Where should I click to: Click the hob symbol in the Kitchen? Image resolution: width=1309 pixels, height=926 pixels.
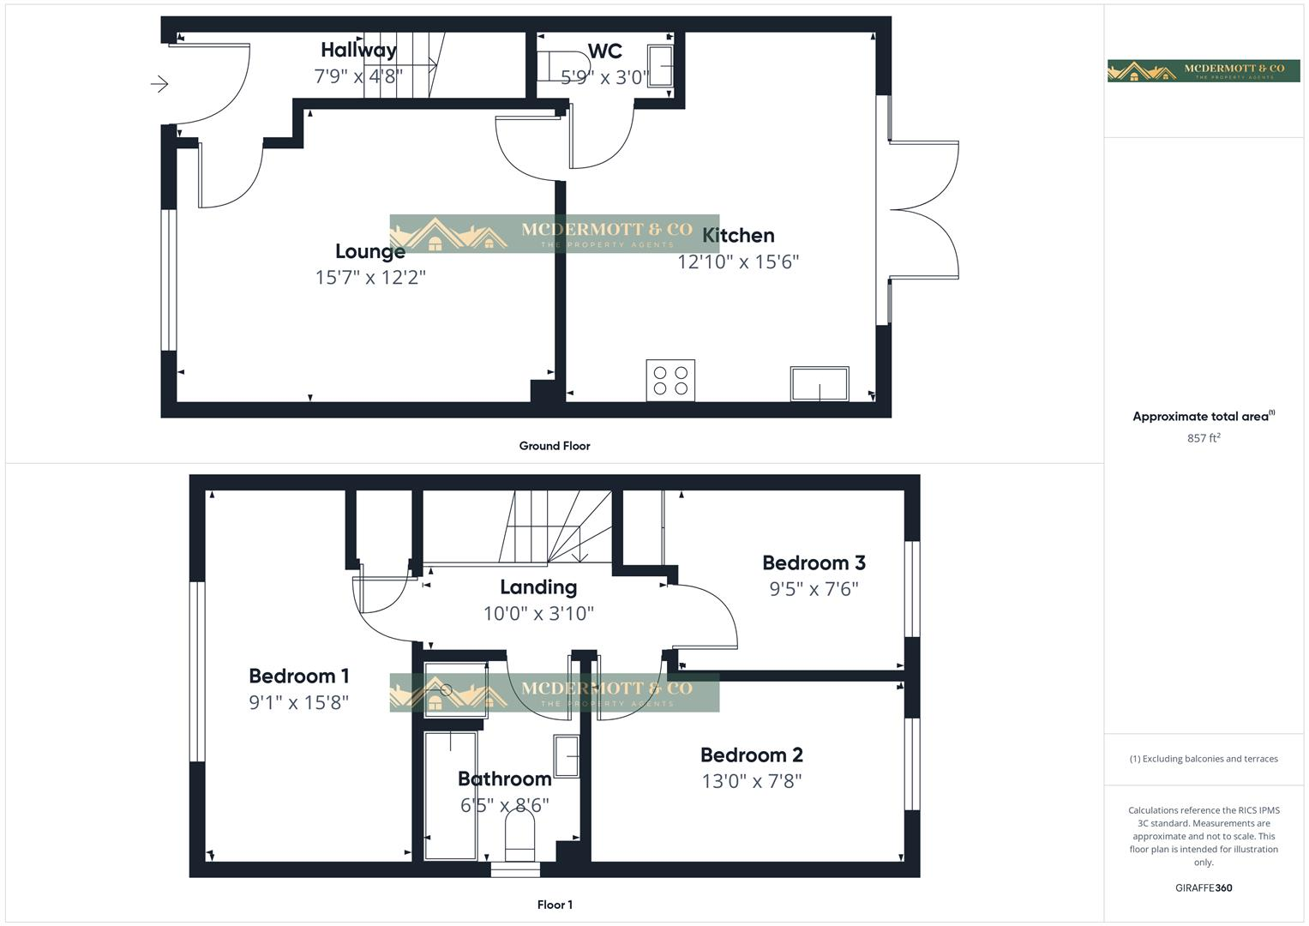pos(670,381)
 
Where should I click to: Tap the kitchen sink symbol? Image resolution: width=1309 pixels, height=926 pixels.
pos(820,383)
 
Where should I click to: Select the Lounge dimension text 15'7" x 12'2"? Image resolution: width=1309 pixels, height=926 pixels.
pos(370,278)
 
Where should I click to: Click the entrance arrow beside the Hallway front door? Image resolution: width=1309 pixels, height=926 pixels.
pos(159,84)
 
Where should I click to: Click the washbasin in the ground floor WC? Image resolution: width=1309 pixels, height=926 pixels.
pos(660,66)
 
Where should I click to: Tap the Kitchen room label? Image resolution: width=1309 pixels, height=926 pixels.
pos(738,235)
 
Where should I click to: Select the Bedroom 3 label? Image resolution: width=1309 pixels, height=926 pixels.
pos(814,562)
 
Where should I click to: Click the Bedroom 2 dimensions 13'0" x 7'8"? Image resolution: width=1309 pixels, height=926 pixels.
pos(751,781)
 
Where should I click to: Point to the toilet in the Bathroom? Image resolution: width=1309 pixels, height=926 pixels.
pos(520,835)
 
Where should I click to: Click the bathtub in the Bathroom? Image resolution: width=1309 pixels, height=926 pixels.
pos(451,795)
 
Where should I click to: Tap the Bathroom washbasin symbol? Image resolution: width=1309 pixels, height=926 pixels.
pos(567,755)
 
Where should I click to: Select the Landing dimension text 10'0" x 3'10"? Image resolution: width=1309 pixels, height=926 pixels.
pos(538,614)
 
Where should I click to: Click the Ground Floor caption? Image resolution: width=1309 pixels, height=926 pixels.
pos(555,446)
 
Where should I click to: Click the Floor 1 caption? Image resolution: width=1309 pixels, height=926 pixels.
pos(555,905)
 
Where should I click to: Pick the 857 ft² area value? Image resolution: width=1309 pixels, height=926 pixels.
pos(1204,438)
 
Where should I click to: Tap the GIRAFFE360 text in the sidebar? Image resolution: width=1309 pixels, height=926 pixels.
pos(1204,888)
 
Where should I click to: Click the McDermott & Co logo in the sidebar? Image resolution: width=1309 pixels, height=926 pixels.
pos(1204,70)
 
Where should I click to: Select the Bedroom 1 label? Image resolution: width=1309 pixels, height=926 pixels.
pos(298,676)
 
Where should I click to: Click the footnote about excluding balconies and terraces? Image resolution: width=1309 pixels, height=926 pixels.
pos(1204,759)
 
